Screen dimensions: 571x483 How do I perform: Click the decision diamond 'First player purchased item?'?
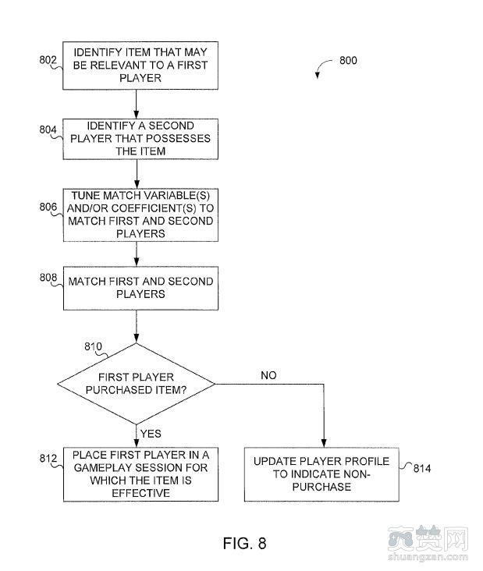(137, 382)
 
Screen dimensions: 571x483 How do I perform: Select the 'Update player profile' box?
(321, 473)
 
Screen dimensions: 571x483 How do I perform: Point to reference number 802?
(47, 59)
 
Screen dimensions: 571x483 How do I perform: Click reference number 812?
(47, 457)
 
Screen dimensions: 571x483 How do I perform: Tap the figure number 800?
(348, 60)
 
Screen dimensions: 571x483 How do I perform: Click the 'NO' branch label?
(268, 375)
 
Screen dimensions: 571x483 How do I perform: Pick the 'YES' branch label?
(151, 433)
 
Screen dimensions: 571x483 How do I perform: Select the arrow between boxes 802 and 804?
(137, 104)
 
